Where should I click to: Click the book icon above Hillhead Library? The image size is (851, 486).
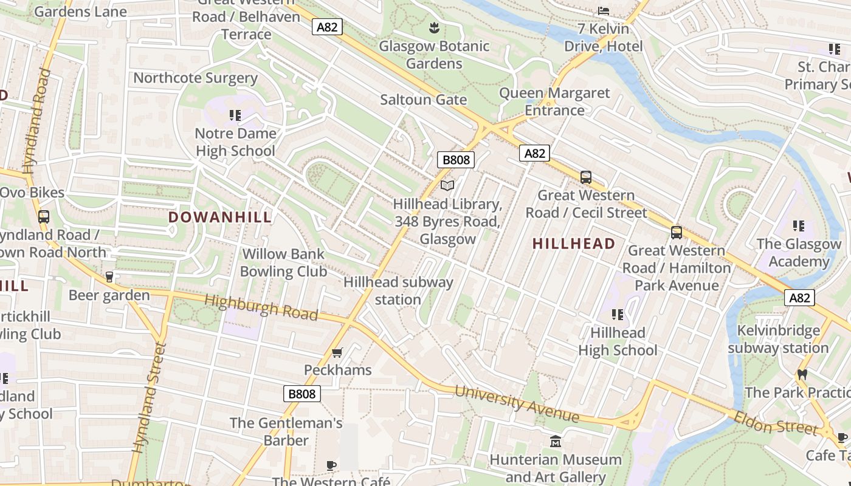[x=447, y=185]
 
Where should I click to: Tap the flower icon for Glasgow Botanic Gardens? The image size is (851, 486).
[x=434, y=27]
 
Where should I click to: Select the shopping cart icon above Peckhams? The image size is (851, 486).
[x=337, y=352]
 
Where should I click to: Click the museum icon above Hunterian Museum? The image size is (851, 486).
[x=555, y=441]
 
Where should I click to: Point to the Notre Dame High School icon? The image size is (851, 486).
[x=235, y=115]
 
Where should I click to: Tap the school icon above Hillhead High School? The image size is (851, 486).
[x=618, y=314]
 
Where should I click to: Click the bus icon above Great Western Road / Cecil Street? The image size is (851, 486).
[x=586, y=177]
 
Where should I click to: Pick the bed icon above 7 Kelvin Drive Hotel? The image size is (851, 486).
[x=603, y=10]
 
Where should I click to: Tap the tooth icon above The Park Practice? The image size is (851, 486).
[x=802, y=374]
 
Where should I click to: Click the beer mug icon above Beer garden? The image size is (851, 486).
[x=109, y=277]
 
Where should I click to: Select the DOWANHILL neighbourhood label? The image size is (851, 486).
[x=219, y=217]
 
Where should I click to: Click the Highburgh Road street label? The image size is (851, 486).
[x=261, y=307]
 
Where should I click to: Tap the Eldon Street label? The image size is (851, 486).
[x=776, y=423]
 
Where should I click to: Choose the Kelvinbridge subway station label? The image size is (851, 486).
[x=778, y=340]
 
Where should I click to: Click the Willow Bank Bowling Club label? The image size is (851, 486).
[x=283, y=262]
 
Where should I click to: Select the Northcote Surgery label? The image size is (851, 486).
[x=195, y=78]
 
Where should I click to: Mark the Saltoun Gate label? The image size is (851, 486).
[x=423, y=100]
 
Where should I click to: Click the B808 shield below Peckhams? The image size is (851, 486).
[x=301, y=394]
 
